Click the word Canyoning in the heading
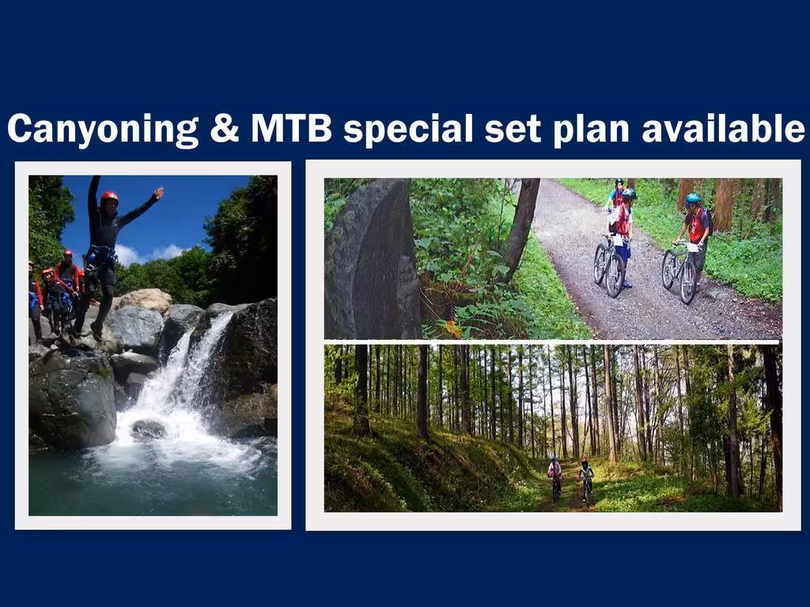coord(103,129)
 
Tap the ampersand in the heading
coord(225,128)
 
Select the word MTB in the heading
coord(291,128)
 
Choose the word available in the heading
coord(723,127)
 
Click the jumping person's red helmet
coord(109,197)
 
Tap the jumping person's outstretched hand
coord(159,193)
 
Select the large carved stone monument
coord(372,259)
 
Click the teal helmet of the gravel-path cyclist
coord(693,198)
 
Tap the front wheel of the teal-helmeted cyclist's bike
coord(687,282)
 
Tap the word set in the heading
coord(513,129)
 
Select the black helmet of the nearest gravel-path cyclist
coord(628,194)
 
